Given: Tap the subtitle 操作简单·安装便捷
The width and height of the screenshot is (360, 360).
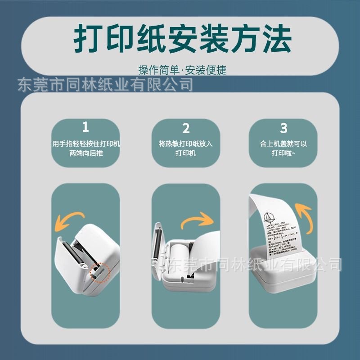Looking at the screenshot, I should [x=182, y=70].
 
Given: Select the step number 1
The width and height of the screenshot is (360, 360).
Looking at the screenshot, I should [x=85, y=126].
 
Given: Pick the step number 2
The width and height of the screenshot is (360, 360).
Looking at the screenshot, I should [x=186, y=129].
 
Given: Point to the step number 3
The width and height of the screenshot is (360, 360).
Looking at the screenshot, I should [x=283, y=128].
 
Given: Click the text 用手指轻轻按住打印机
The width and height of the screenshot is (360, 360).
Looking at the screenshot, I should [x=85, y=144].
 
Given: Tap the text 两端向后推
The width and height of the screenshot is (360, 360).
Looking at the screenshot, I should [x=85, y=153].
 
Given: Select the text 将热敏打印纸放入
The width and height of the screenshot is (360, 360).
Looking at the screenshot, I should [x=186, y=144].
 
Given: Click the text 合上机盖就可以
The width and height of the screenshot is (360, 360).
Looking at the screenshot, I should [x=283, y=144].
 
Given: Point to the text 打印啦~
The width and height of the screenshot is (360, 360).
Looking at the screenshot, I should [x=283, y=153].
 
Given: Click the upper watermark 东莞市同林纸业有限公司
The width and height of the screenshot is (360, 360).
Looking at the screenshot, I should [x=105, y=84].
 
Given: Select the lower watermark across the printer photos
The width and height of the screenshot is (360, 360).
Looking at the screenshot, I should [x=252, y=265].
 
